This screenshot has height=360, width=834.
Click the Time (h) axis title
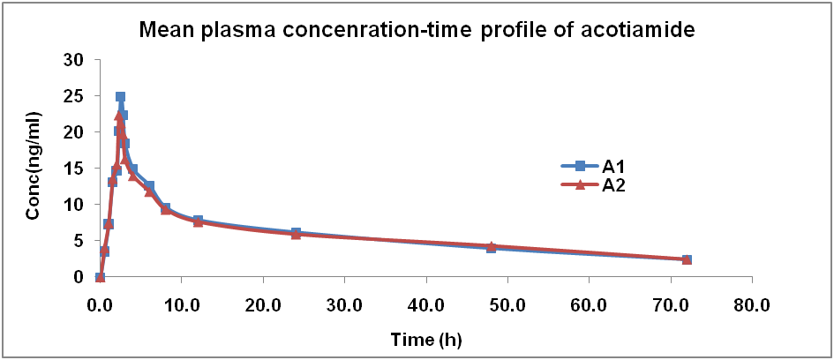click(x=426, y=338)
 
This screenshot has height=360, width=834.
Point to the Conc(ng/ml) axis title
click(x=33, y=168)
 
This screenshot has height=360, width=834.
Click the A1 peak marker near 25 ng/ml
click(x=120, y=97)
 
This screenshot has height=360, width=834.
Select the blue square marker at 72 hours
click(x=687, y=259)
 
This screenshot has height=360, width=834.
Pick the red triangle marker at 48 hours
click(x=492, y=246)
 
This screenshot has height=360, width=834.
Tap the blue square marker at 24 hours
click(x=296, y=233)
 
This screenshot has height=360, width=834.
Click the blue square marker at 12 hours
click(x=198, y=221)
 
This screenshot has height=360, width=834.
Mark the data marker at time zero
click(x=100, y=277)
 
